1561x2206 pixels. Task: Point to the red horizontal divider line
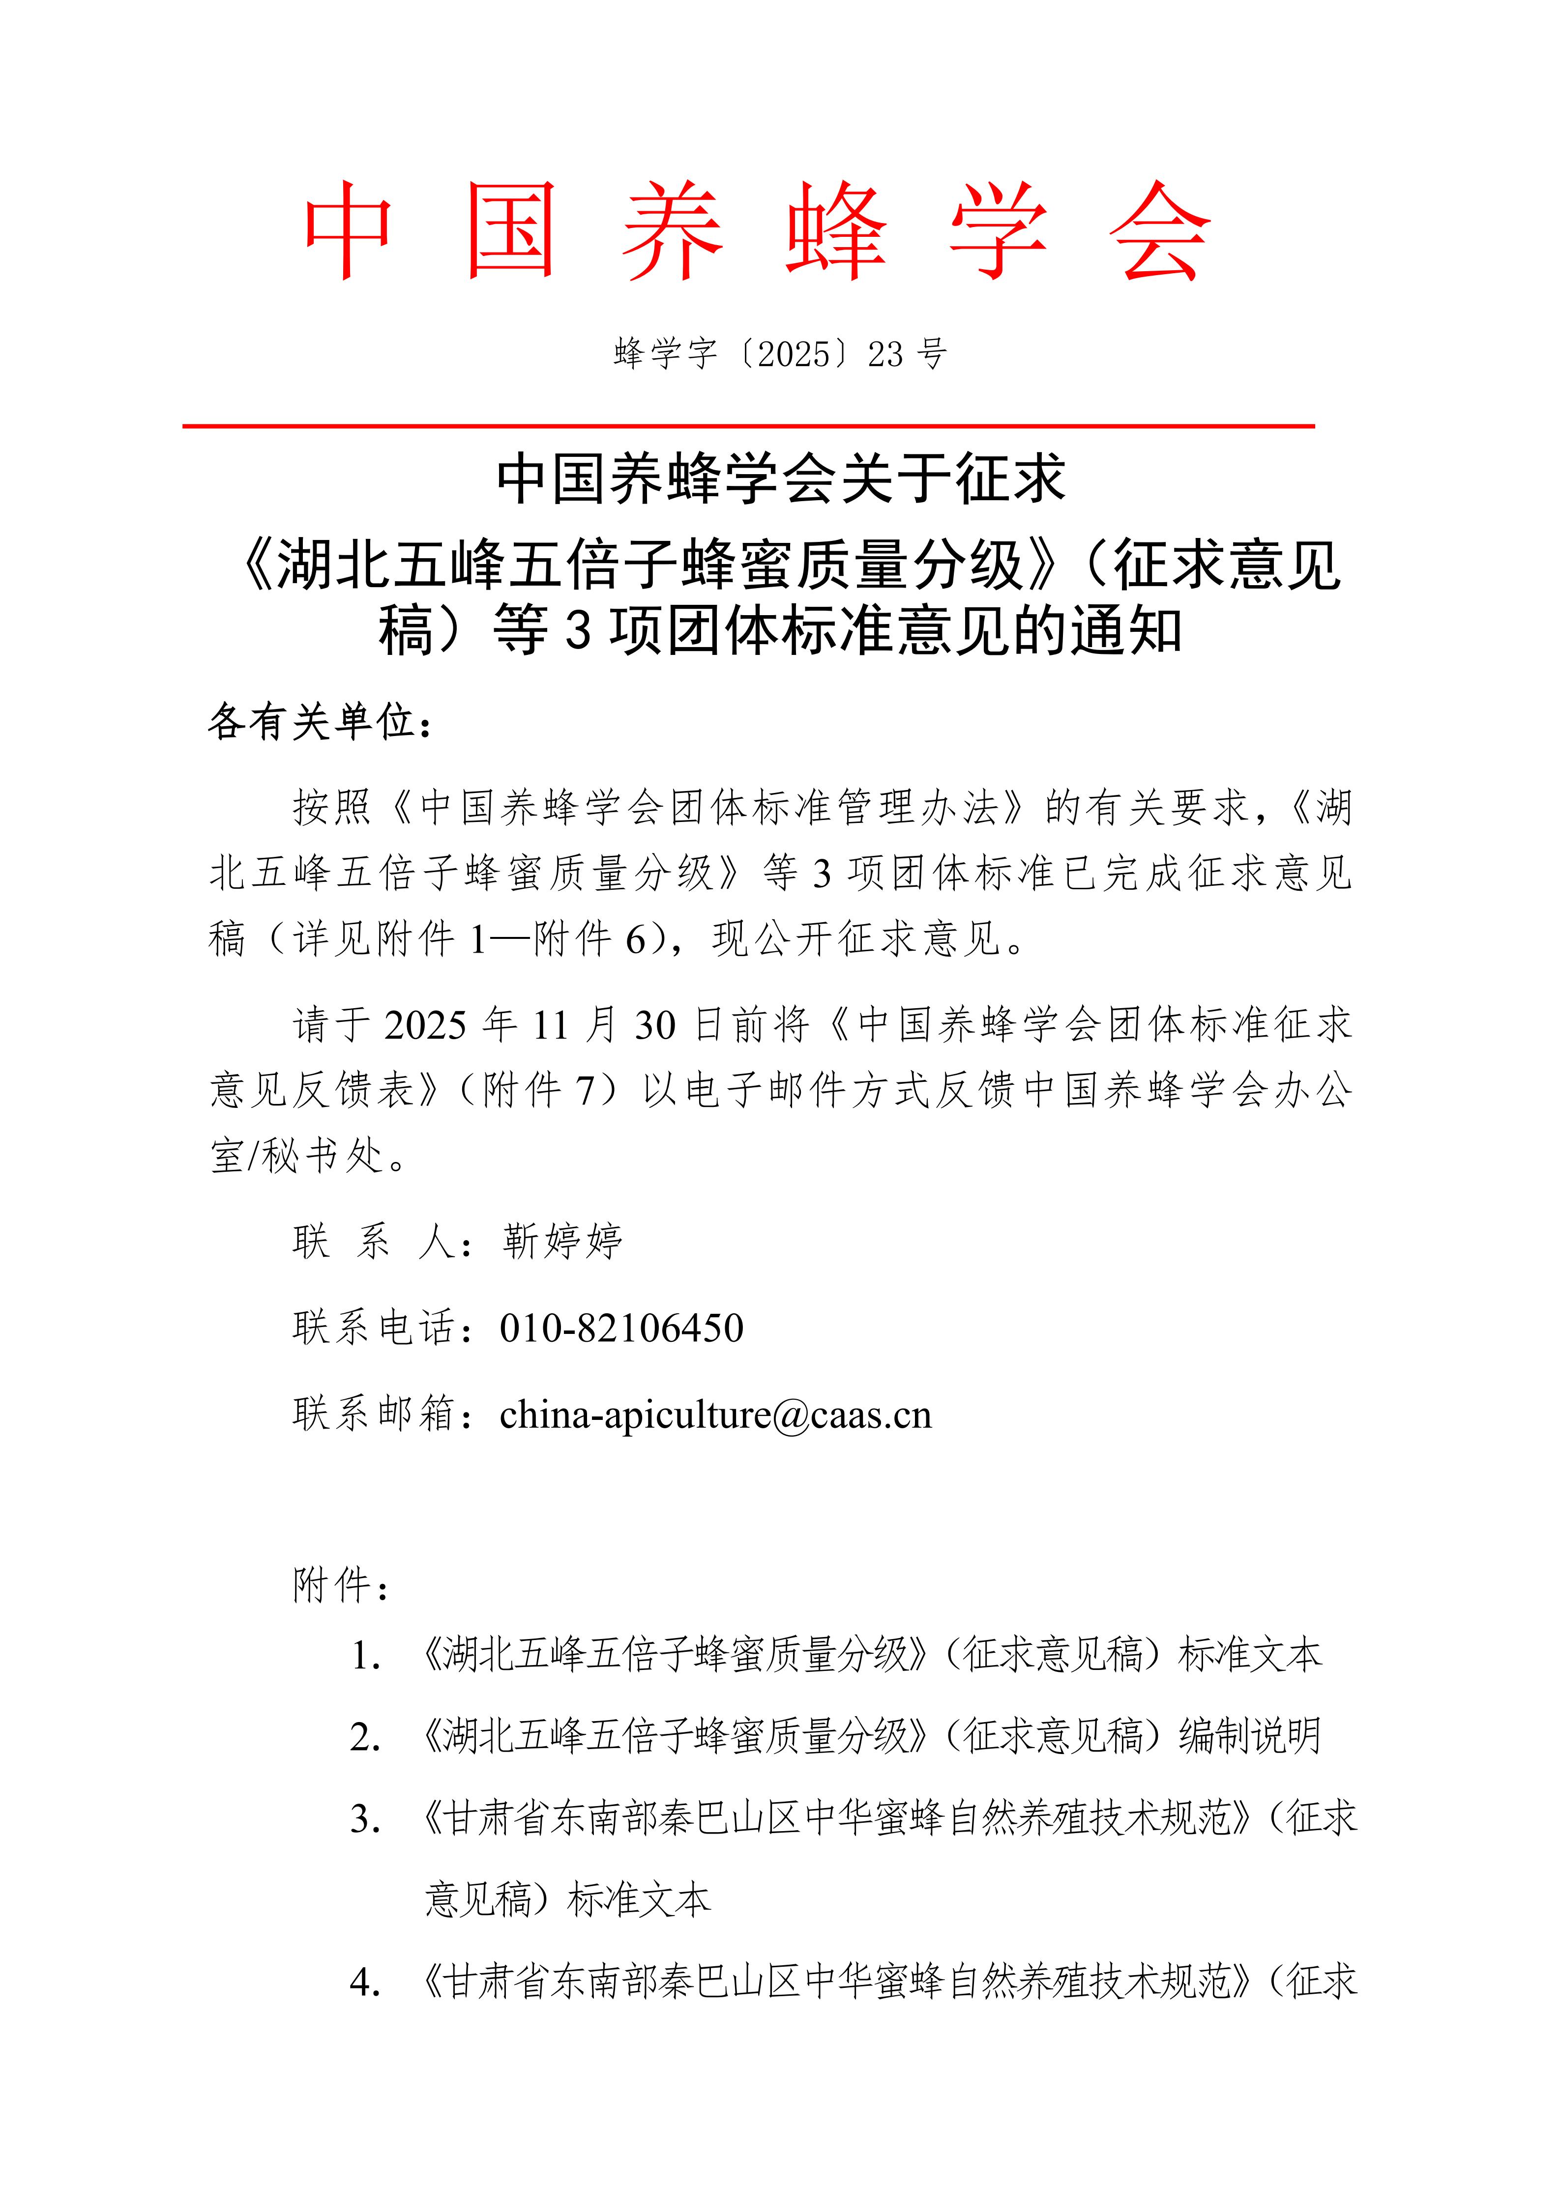(748, 425)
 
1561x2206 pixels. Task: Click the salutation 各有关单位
(312, 722)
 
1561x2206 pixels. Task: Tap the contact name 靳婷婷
(562, 1242)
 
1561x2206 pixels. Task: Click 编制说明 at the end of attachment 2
(1250, 1736)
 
